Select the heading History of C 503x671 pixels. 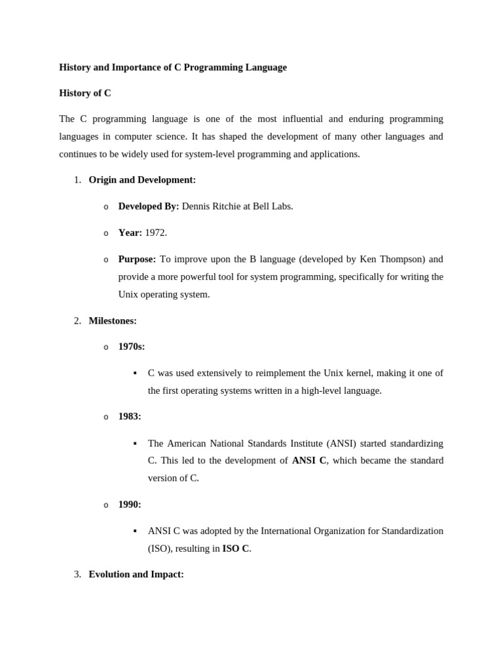[x=85, y=93]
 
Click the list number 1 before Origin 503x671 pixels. [x=77, y=180]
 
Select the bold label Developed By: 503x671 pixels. [x=148, y=206]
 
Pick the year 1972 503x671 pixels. [x=156, y=233]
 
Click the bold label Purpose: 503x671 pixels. [x=137, y=259]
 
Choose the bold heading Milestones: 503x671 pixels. [x=113, y=320]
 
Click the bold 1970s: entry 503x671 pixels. [x=132, y=347]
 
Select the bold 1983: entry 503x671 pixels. [x=130, y=416]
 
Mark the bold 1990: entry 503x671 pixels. [x=130, y=505]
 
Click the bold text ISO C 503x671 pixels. [x=236, y=548]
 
